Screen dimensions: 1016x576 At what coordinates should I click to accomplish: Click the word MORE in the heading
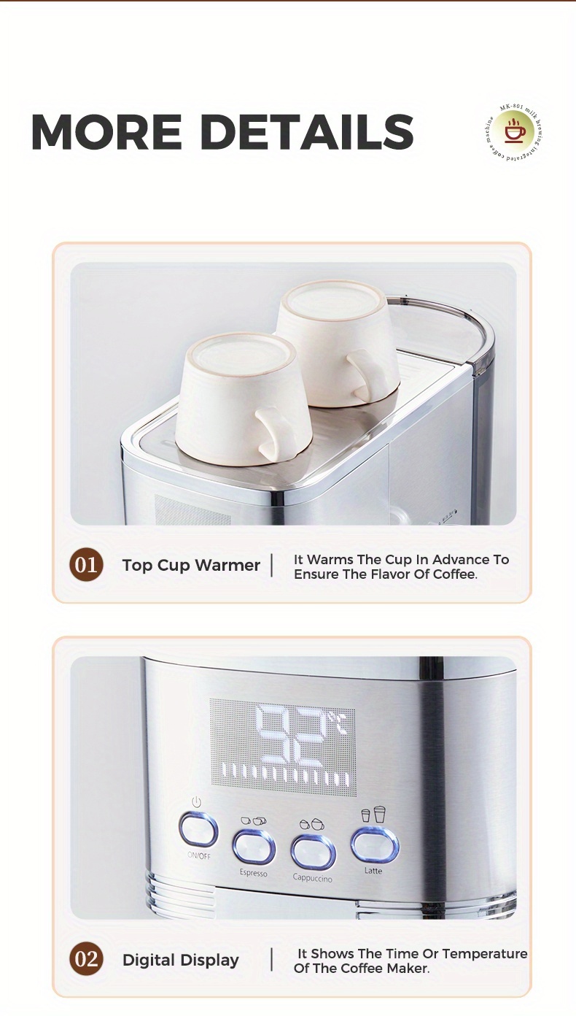tap(106, 132)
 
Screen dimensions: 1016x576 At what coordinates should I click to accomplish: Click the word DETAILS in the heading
tap(307, 132)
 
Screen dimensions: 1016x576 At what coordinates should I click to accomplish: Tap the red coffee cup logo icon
tap(515, 131)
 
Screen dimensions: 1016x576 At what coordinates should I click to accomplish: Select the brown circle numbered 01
tap(86, 565)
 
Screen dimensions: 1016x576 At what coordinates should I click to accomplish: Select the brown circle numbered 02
tap(86, 958)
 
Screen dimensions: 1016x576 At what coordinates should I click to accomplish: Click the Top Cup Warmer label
tap(191, 565)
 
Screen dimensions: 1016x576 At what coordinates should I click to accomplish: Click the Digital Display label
tap(180, 960)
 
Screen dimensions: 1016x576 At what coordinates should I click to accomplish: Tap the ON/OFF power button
tap(198, 830)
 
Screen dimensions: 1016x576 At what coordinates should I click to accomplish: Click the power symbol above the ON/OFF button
tap(196, 802)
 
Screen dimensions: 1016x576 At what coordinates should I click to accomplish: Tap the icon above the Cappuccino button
tap(311, 823)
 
